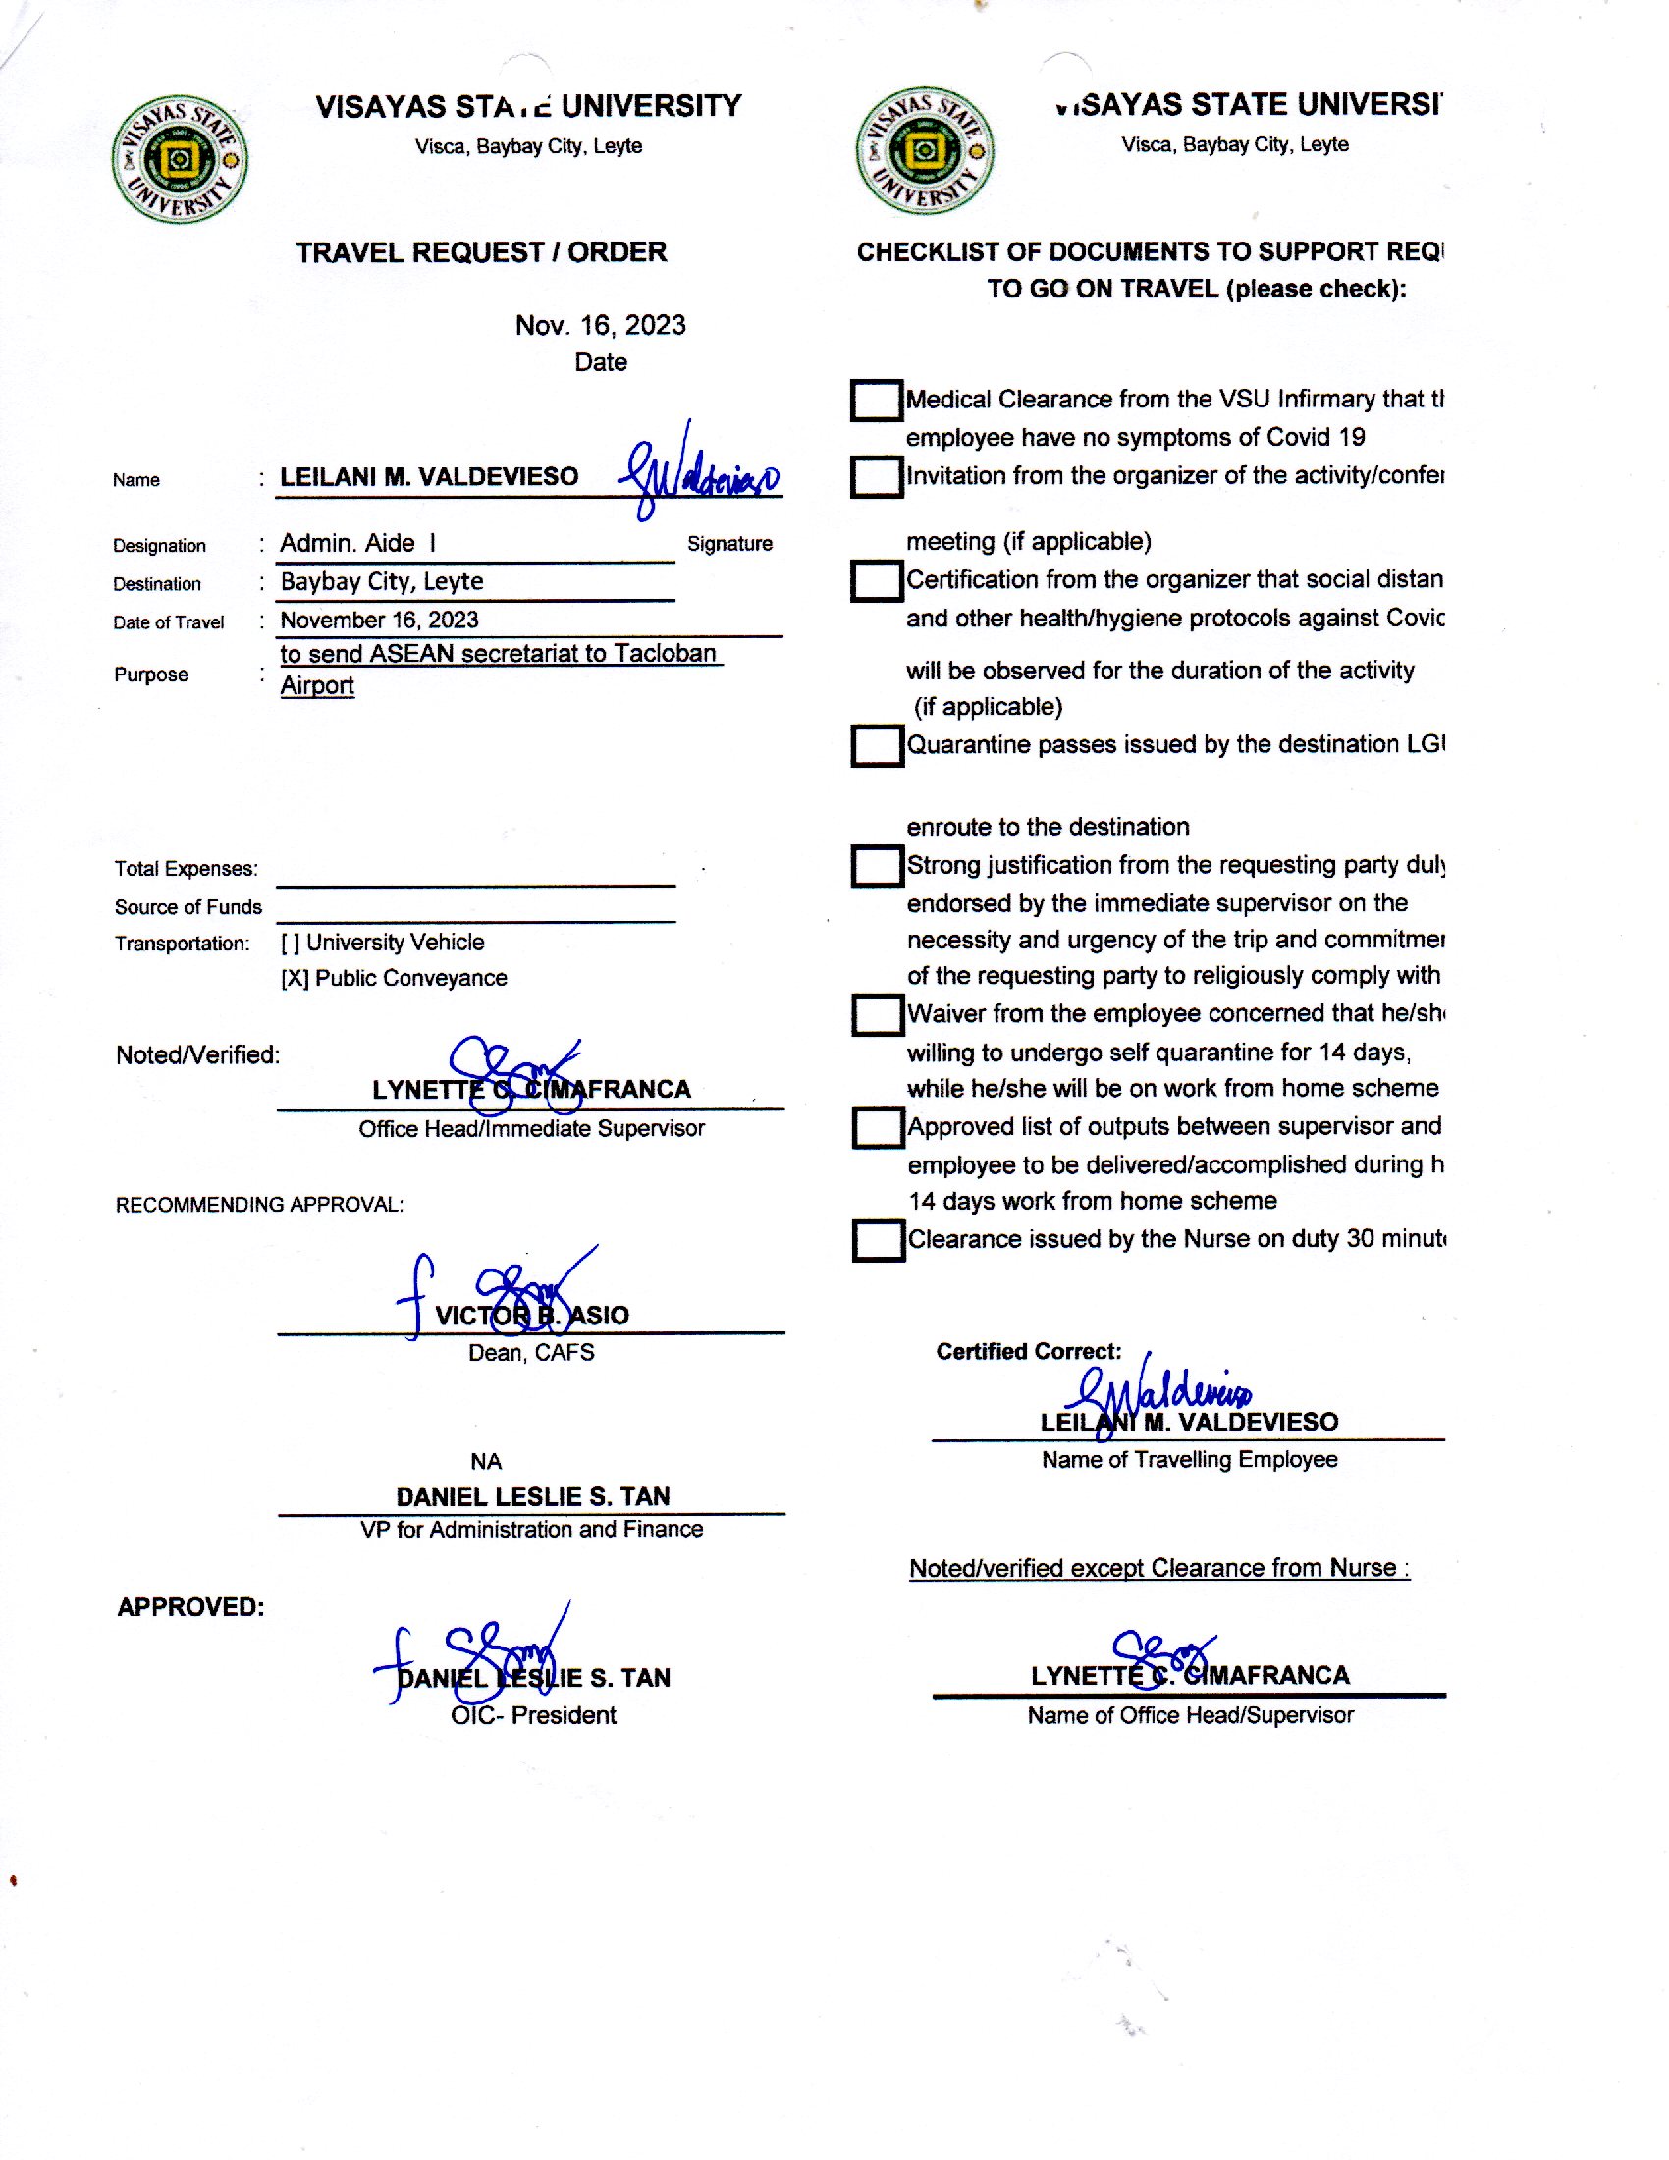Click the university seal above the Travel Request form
(x=179, y=158)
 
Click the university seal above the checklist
(x=925, y=150)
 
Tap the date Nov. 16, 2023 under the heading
(x=599, y=325)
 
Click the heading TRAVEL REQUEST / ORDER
(x=481, y=252)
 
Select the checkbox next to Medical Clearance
(x=875, y=401)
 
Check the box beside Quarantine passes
(x=876, y=746)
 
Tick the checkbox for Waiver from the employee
(x=877, y=1015)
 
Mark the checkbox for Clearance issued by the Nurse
(x=877, y=1240)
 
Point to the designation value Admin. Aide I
(x=357, y=543)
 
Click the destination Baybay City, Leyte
(x=382, y=581)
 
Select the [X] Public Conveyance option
(x=394, y=978)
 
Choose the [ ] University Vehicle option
(x=383, y=943)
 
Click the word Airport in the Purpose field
(x=316, y=686)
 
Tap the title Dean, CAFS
(x=531, y=1353)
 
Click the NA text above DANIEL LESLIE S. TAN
(x=485, y=1462)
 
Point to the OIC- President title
(x=533, y=1716)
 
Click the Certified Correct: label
(x=1028, y=1352)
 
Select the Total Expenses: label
(x=186, y=869)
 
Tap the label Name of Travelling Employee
(x=1189, y=1460)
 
